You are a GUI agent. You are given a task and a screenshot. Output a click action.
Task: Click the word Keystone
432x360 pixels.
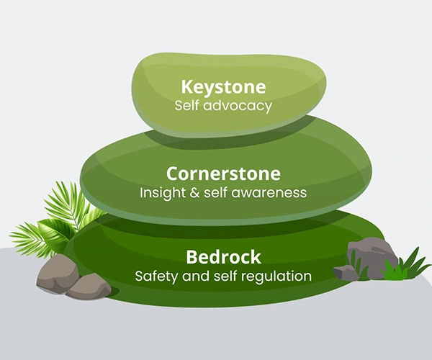pos(223,87)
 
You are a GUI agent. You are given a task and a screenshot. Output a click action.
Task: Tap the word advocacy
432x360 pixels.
pos(238,106)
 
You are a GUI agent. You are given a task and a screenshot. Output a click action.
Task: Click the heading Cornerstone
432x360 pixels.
pos(223,174)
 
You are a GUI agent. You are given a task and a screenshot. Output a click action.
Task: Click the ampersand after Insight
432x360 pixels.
pos(194,192)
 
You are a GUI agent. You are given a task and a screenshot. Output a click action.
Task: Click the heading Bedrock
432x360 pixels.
pos(223,257)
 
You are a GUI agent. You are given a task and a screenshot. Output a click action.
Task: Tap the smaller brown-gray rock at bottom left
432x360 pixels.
pos(89,287)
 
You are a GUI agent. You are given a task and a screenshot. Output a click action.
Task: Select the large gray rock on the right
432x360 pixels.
pos(372,257)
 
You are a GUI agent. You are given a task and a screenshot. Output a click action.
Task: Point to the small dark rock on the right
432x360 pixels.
pos(345,273)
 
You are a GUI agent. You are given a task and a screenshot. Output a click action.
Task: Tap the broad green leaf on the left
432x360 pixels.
pos(56,234)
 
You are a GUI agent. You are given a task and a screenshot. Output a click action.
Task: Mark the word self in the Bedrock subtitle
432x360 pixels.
pos(225,276)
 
